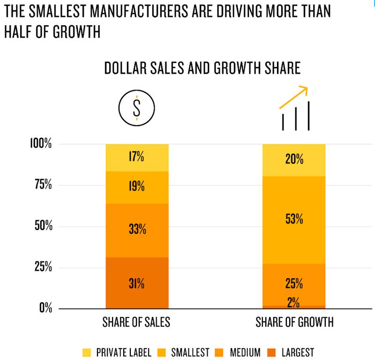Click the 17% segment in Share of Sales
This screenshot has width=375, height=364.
(136, 157)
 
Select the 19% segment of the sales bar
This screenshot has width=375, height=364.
(136, 187)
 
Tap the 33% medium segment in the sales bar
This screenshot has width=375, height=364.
(136, 230)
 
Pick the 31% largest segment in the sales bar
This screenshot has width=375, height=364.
(136, 283)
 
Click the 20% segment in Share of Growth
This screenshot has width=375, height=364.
(294, 160)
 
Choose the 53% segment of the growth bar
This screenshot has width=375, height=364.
(294, 219)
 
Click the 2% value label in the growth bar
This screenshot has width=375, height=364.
(294, 303)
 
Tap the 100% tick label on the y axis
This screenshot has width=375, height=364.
(41, 143)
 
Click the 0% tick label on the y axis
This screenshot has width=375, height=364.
(45, 308)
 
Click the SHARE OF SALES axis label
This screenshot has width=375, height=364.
(136, 323)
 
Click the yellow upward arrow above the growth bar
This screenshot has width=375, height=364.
(293, 97)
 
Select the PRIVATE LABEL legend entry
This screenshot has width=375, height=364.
(118, 352)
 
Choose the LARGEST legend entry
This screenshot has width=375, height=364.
(291, 352)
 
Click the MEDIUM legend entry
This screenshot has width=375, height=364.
(237, 352)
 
